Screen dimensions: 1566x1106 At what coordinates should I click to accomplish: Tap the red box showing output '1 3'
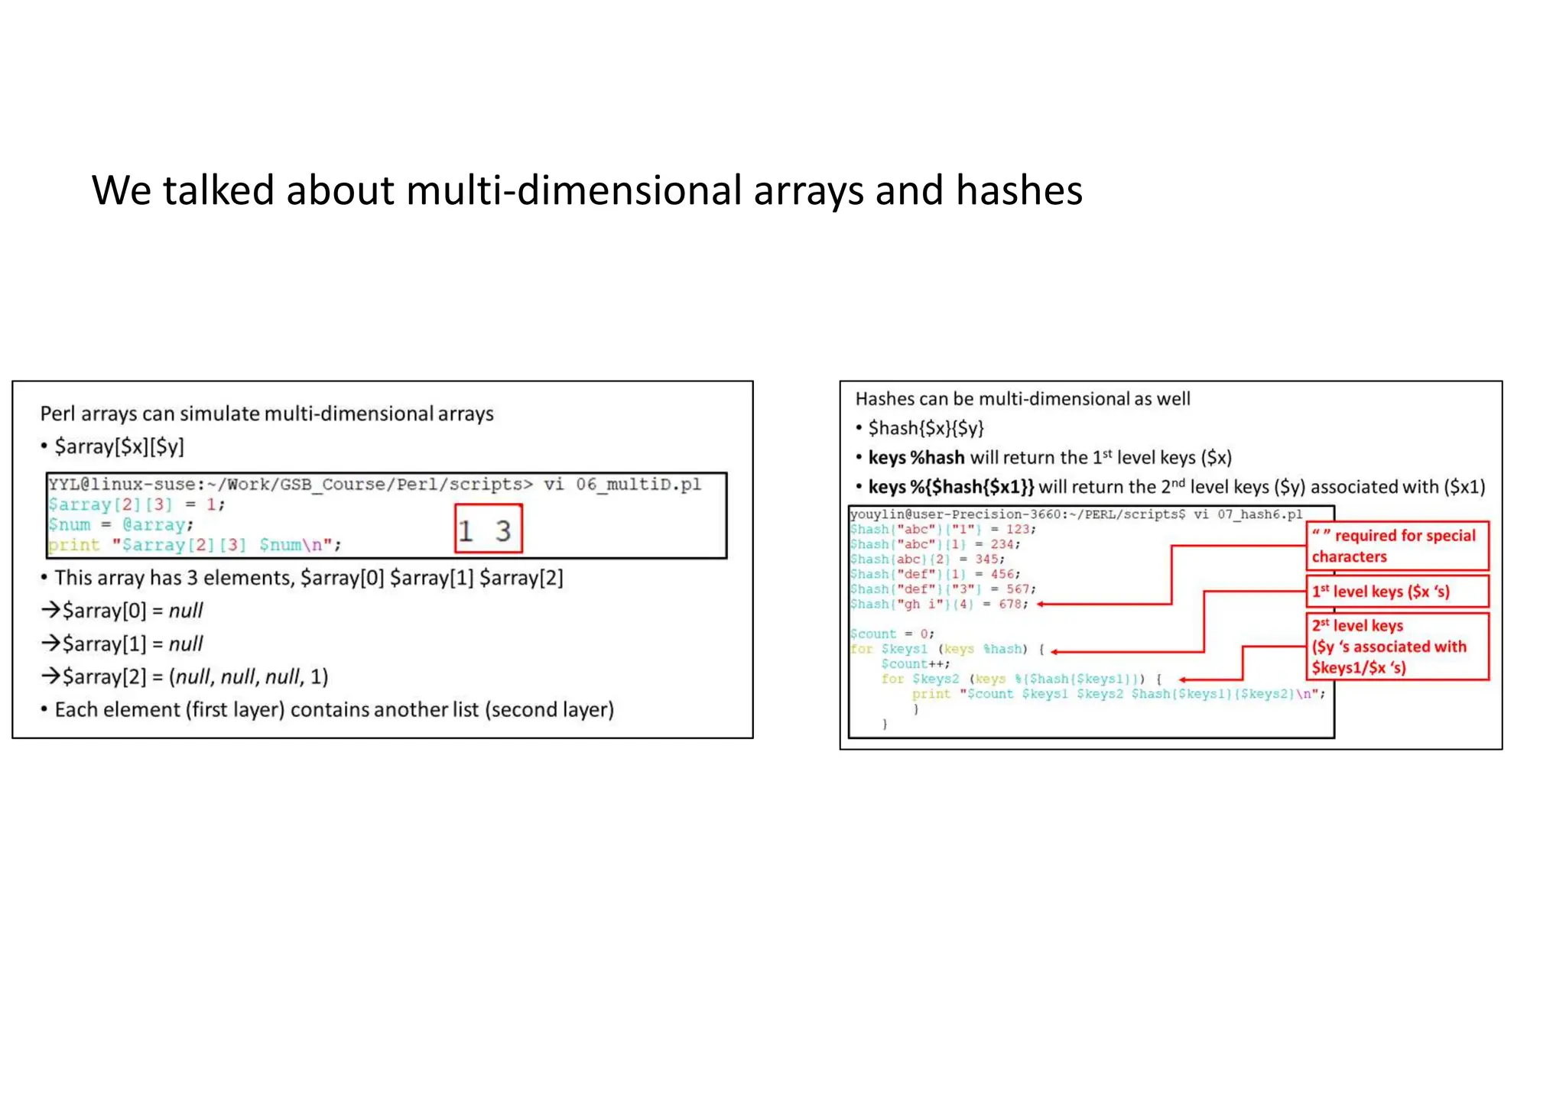tap(488, 529)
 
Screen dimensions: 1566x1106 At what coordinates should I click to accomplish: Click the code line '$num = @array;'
tap(121, 525)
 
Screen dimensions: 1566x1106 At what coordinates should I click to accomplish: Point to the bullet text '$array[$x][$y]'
tap(119, 446)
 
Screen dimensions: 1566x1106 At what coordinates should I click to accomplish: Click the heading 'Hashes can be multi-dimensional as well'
tap(1022, 399)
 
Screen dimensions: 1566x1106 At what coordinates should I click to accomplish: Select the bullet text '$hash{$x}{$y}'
tap(926, 428)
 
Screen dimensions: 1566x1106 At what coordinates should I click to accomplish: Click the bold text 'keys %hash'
tap(916, 458)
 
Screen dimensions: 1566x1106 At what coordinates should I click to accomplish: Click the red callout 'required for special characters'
tap(1397, 546)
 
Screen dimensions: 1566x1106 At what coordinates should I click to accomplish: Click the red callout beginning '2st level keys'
tap(1397, 647)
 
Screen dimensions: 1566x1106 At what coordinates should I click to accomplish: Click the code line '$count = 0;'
tap(892, 634)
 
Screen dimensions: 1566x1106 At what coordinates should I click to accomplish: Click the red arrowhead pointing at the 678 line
tap(1041, 605)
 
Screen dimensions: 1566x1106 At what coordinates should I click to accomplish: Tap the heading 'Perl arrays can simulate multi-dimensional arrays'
tap(267, 414)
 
